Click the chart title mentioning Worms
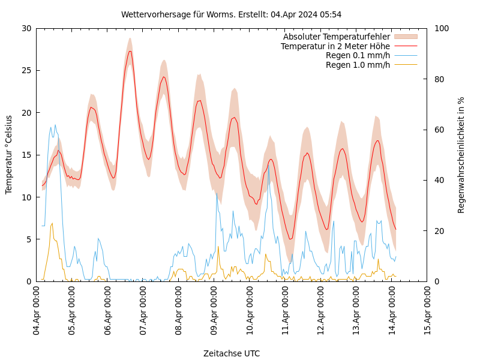tap(231, 14)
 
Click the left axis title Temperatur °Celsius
tap(9, 155)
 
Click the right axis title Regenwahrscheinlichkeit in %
tap(461, 155)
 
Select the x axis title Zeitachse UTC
tap(232, 353)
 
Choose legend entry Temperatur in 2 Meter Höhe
tap(335, 46)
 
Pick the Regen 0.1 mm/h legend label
tap(358, 55)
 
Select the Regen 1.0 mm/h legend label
tap(358, 65)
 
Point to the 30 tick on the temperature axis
tap(26, 28)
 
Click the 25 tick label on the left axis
tap(26, 70)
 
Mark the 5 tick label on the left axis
tap(28, 239)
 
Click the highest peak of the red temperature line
tap(130, 51)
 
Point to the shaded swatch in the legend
tap(406, 37)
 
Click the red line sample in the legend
tap(406, 46)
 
